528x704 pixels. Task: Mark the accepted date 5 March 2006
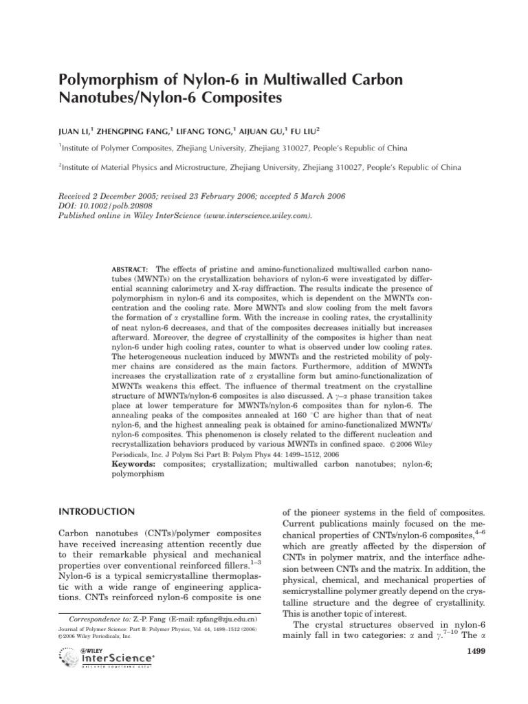(x=302, y=196)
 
